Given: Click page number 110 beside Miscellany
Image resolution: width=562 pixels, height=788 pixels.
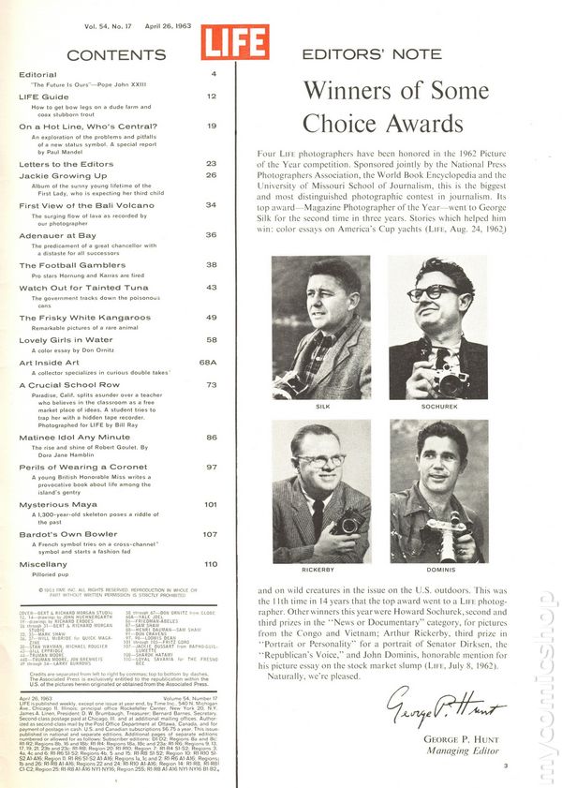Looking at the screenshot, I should (x=211, y=564).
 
